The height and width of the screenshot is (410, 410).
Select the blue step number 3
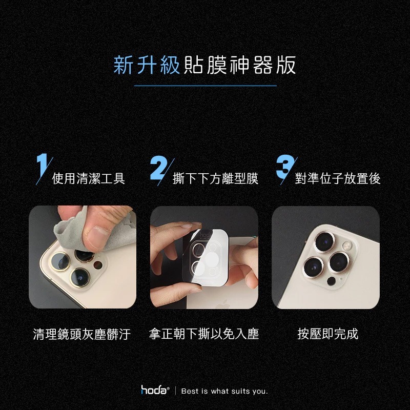pyautogui.click(x=283, y=168)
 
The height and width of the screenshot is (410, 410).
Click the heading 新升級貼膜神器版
pyautogui.click(x=204, y=66)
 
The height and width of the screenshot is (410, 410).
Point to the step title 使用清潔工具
pyautogui.click(x=89, y=178)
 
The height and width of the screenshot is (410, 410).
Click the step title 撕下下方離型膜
pyautogui.click(x=215, y=178)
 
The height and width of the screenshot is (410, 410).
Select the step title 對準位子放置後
pyautogui.click(x=338, y=178)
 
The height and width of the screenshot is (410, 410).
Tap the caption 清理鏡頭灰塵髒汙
pyautogui.click(x=82, y=335)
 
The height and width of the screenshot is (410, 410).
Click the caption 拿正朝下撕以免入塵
pyautogui.click(x=204, y=335)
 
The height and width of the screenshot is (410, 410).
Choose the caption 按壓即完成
pyautogui.click(x=327, y=335)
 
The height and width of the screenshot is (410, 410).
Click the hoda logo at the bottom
pyautogui.click(x=155, y=391)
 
